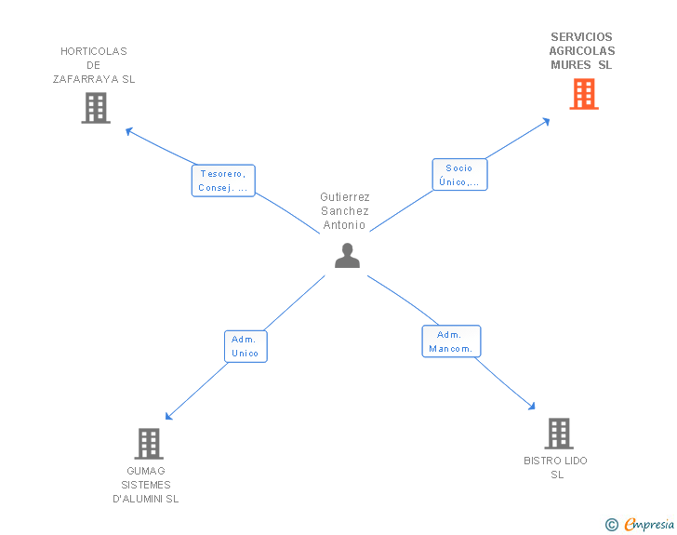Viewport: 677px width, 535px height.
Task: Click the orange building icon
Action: (x=584, y=94)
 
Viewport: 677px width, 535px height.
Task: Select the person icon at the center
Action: (x=347, y=255)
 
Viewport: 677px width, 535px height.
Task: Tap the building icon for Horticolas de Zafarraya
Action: (x=96, y=108)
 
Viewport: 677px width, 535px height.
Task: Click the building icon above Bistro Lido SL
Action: (x=559, y=433)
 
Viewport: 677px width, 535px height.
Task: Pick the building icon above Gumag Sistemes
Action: (x=149, y=444)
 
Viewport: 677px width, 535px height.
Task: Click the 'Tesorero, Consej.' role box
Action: (x=223, y=181)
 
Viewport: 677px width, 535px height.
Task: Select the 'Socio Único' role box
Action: (x=459, y=175)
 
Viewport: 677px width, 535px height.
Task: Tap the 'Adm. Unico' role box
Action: (x=246, y=346)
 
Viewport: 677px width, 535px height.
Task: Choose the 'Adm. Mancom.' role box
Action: (x=451, y=341)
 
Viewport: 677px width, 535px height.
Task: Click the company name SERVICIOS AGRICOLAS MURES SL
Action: (x=582, y=51)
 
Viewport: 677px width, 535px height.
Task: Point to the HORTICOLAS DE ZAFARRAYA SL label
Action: (x=94, y=65)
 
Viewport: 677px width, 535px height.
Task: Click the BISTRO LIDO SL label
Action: (x=556, y=468)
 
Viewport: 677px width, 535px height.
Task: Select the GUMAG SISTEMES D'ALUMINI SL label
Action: (x=146, y=485)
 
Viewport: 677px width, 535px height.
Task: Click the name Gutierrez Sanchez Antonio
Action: (x=345, y=211)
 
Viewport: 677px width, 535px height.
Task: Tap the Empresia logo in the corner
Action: (x=649, y=525)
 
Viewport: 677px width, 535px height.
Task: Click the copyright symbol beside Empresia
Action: (x=611, y=525)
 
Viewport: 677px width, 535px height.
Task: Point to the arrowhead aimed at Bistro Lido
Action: (x=532, y=407)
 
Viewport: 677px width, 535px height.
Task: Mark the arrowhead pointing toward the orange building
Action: (x=547, y=122)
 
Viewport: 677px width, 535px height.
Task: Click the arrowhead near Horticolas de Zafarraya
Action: (x=128, y=131)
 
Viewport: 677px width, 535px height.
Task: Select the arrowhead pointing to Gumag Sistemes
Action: (x=169, y=416)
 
